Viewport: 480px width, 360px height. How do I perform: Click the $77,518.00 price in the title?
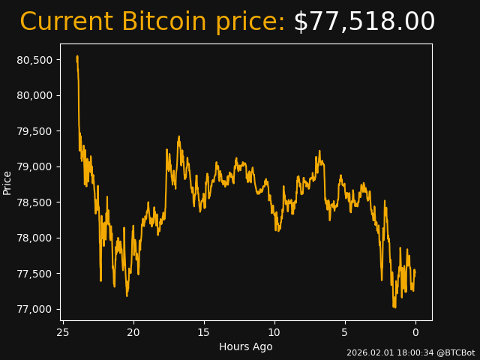364,22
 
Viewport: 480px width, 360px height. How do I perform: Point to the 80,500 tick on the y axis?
34,60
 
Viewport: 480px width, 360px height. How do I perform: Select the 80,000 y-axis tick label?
34,95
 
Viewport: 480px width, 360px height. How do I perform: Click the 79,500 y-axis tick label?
34,131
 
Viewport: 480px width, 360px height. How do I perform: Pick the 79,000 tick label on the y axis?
34,166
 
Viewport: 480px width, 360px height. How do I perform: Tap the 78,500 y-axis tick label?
34,202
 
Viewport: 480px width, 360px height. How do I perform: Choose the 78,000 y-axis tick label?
34,238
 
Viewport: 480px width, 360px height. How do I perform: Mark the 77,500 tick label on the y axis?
34,274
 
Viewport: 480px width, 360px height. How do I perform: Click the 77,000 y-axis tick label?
34,309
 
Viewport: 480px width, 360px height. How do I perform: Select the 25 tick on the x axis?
63,332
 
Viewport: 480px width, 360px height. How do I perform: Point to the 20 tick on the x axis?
133,332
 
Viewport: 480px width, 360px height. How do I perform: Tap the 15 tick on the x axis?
204,332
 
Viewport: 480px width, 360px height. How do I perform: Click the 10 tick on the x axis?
274,332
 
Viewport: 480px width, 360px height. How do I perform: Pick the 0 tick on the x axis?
415,332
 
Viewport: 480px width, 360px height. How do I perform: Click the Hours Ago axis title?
246,346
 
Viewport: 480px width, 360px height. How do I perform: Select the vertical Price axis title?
7,182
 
